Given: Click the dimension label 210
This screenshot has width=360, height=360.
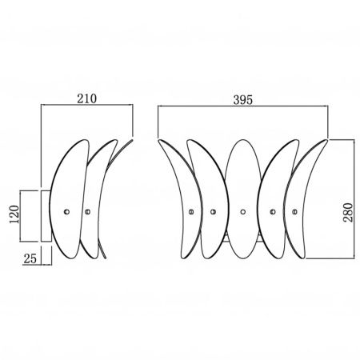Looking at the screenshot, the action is pyautogui.click(x=87, y=98).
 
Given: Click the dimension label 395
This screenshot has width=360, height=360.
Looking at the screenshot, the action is pyautogui.click(x=242, y=100).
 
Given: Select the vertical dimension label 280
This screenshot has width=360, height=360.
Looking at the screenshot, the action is pyautogui.click(x=348, y=212).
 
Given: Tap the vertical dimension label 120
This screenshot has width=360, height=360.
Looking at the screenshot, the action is pyautogui.click(x=14, y=214).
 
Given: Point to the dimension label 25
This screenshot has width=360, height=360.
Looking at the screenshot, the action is pyautogui.click(x=30, y=258).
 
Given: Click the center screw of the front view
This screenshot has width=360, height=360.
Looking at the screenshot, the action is pyautogui.click(x=242, y=212).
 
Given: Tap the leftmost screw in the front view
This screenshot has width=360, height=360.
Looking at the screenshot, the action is pyautogui.click(x=191, y=212).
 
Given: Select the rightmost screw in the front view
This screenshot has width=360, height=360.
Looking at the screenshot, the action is pyautogui.click(x=294, y=212).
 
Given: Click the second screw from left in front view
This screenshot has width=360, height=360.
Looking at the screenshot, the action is pyautogui.click(x=213, y=212).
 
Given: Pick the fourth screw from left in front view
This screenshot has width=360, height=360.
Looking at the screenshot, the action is pyautogui.click(x=273, y=212).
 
